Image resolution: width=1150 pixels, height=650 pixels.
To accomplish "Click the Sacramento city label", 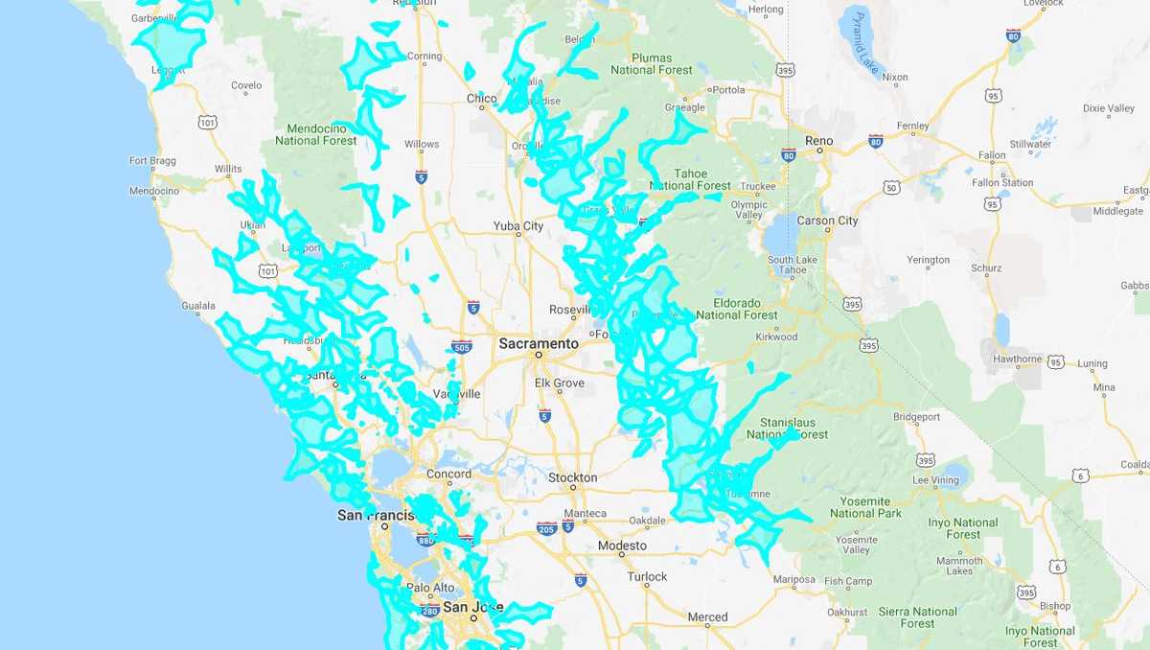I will (x=538, y=343).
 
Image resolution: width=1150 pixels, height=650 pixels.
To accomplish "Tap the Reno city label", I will (x=818, y=141).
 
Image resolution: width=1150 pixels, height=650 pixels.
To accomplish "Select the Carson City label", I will (x=827, y=221).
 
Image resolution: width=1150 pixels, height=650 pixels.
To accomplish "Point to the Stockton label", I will (x=572, y=477).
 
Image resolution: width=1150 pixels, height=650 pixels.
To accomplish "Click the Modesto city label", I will (x=622, y=546).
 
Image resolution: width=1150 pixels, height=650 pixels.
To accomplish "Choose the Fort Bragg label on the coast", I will (x=152, y=161).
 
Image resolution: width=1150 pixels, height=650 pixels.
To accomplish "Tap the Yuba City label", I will (x=517, y=226).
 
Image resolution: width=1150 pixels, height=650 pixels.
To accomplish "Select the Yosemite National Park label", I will (x=865, y=507).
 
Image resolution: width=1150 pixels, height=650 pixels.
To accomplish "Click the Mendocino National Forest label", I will (x=315, y=134).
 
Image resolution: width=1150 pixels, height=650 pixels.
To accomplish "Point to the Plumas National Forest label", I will (x=652, y=63).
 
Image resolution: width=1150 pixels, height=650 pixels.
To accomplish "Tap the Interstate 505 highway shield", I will (x=461, y=347).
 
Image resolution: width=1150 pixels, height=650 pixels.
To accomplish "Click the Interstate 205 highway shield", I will (x=547, y=528).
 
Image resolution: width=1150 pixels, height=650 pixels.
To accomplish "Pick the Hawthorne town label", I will (x=1016, y=360).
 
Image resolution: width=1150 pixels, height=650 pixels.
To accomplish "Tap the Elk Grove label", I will (x=559, y=383).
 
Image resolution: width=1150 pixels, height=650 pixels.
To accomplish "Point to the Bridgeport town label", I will (x=916, y=417).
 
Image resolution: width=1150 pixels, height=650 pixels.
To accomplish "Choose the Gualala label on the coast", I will (x=198, y=306).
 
